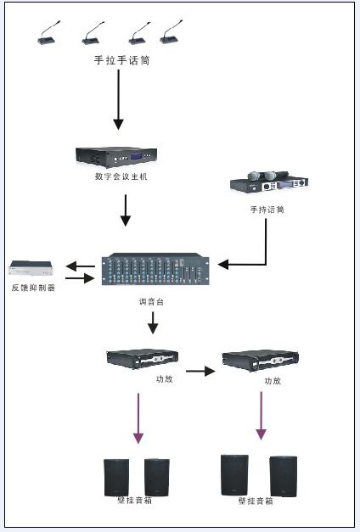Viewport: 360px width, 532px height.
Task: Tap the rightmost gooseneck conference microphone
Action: (x=172, y=33)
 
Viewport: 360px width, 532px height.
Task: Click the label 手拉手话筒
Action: (x=121, y=60)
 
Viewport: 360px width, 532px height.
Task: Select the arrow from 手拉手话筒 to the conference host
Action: (x=118, y=99)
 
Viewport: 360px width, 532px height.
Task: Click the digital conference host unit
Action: (x=116, y=157)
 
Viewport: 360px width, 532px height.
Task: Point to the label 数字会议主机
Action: (x=121, y=176)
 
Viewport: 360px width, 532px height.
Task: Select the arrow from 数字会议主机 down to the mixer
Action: (x=126, y=210)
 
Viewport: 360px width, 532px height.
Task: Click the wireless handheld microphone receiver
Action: (x=269, y=182)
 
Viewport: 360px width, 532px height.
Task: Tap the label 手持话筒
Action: (x=267, y=210)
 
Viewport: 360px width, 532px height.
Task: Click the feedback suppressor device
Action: (x=31, y=267)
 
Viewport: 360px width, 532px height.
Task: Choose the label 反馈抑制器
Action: (x=33, y=288)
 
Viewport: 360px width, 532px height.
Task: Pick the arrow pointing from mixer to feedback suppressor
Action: (x=80, y=266)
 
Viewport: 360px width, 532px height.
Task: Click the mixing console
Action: (x=155, y=269)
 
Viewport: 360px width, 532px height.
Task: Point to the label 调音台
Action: (x=151, y=301)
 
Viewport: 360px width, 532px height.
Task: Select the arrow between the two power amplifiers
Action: (x=200, y=371)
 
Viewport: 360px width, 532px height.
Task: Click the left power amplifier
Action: (x=143, y=359)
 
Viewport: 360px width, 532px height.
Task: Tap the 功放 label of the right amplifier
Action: (x=273, y=381)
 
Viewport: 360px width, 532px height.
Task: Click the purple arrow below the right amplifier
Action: (x=261, y=416)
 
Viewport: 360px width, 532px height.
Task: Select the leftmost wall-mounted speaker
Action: (x=116, y=478)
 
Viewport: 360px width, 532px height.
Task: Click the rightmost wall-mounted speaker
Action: (x=284, y=476)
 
